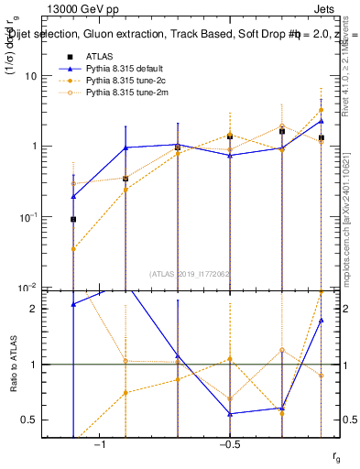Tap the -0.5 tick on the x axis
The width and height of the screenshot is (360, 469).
229,443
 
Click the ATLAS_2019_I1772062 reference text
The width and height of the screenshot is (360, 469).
191,273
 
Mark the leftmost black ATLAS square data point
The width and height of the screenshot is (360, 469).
73,220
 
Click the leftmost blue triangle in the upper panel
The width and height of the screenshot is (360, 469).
73,196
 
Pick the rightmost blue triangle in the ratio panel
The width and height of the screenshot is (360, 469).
322,320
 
